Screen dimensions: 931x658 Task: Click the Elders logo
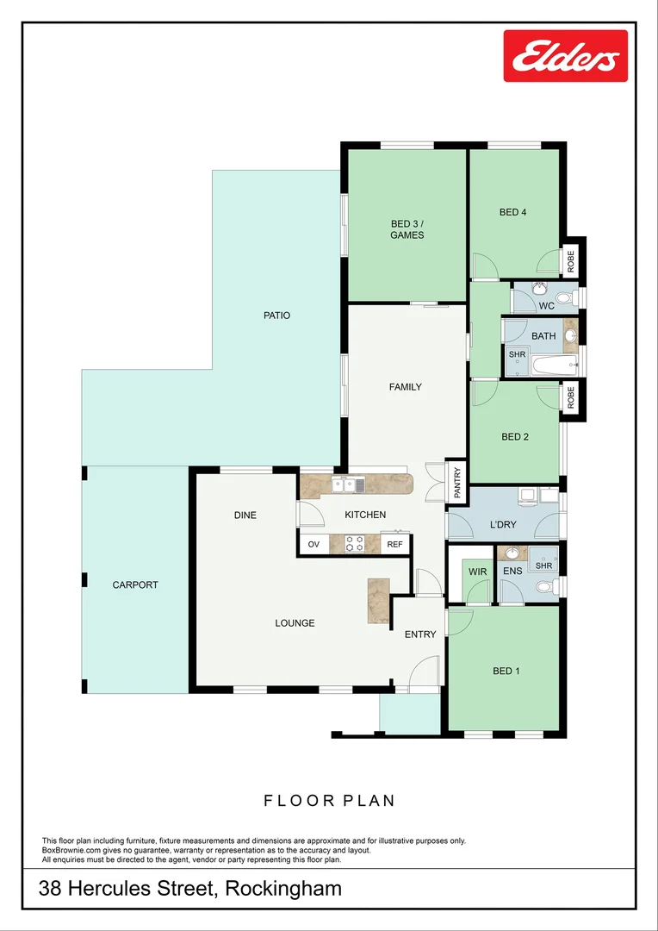pos(565,57)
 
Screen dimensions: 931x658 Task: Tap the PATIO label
pos(276,316)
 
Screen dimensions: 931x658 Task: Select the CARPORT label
pos(135,585)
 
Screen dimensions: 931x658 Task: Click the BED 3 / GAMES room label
pos(407,229)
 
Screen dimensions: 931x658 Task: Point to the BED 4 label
pos(512,212)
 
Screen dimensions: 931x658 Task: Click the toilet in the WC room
pos(565,298)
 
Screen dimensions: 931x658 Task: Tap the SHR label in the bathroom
pos(517,354)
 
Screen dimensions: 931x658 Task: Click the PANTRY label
pos(457,483)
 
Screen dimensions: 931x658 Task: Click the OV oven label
pos(313,544)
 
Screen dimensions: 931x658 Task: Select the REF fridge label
pos(395,544)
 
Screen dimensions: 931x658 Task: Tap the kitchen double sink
pos(350,486)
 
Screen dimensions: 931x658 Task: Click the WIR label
pos(478,572)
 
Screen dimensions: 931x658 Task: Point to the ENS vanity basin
pos(512,553)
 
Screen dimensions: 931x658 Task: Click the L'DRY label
pos(503,525)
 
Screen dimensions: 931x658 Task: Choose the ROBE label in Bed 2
pos(570,397)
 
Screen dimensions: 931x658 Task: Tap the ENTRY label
pos(420,634)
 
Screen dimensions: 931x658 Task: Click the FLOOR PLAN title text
pos(329,801)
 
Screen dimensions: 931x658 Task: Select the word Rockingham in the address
pos(283,889)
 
